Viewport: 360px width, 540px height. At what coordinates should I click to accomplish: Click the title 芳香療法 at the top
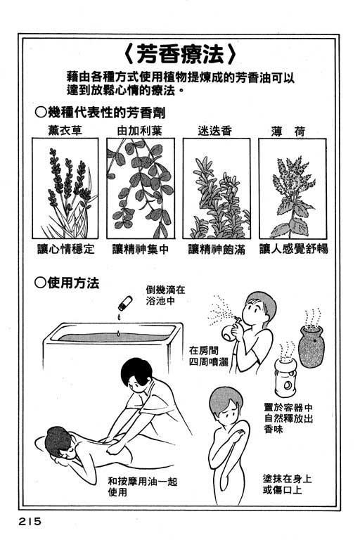179,55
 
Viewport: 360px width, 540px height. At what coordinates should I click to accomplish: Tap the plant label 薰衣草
65,131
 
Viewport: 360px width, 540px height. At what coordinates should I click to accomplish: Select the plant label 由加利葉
140,131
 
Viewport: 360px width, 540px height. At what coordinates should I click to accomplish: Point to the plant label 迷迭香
215,131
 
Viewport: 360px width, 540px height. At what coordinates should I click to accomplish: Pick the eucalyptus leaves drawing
141,188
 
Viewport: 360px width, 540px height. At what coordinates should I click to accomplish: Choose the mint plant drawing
292,196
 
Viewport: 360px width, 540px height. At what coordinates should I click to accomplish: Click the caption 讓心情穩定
66,249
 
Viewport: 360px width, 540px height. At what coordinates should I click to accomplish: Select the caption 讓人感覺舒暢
294,249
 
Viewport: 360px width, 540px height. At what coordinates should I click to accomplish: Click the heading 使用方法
67,283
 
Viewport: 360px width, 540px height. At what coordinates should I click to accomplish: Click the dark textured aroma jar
310,345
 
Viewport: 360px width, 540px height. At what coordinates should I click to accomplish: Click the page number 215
30,521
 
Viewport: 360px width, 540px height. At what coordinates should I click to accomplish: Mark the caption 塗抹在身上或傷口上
287,484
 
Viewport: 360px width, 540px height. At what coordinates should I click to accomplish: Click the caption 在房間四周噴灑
209,356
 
